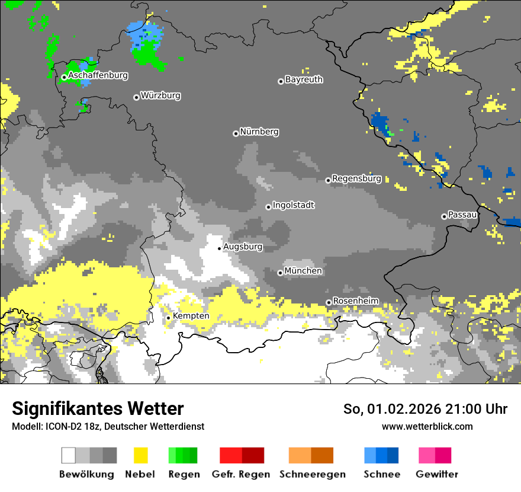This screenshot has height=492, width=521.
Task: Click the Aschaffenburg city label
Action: point(98,76)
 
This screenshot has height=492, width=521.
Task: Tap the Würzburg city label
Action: point(160,95)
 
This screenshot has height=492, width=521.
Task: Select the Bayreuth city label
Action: point(304,79)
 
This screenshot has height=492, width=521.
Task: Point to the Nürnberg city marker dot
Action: point(236,133)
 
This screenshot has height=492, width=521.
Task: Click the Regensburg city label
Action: point(356,178)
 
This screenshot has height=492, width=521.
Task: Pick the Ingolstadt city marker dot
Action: point(268,207)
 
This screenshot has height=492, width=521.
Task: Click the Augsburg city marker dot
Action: point(219,248)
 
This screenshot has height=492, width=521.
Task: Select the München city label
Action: point(303,271)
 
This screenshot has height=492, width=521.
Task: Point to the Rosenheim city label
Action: point(355,301)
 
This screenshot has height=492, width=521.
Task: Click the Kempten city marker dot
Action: point(168,318)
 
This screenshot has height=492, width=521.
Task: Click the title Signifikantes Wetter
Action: point(98,409)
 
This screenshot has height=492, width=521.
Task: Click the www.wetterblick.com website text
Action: point(427,426)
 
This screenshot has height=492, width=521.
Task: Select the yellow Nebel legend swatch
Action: point(140,455)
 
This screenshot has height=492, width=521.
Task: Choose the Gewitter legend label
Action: point(436,474)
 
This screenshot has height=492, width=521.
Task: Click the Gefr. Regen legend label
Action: point(241,474)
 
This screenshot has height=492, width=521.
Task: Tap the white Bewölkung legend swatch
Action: point(69,455)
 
